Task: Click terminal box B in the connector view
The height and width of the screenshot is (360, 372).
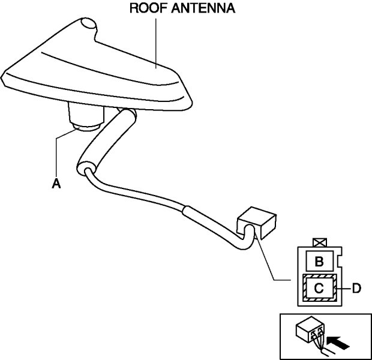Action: pyautogui.click(x=319, y=261)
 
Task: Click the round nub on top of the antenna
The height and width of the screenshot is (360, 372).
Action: pyautogui.click(x=88, y=25)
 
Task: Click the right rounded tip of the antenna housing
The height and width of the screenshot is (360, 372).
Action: pyautogui.click(x=182, y=91)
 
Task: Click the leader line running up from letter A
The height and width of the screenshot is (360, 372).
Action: pyautogui.click(x=56, y=156)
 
